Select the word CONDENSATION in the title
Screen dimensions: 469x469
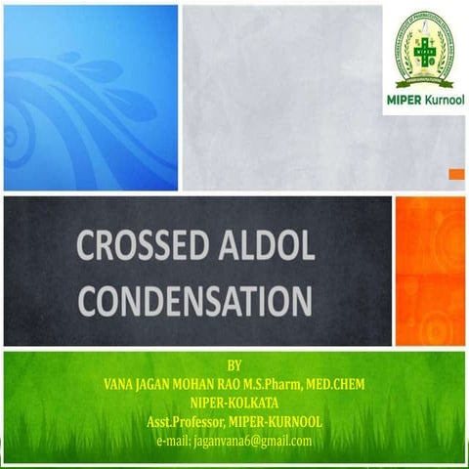click(x=194, y=299)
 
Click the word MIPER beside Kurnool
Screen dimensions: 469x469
click(x=398, y=102)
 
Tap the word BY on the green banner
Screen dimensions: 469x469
click(x=232, y=363)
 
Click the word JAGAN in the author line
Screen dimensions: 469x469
click(x=165, y=384)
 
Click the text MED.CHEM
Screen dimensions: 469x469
click(x=338, y=384)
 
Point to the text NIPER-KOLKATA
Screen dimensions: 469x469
click(x=233, y=403)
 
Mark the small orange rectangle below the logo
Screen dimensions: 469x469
click(x=455, y=174)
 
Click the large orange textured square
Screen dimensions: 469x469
click(x=429, y=271)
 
